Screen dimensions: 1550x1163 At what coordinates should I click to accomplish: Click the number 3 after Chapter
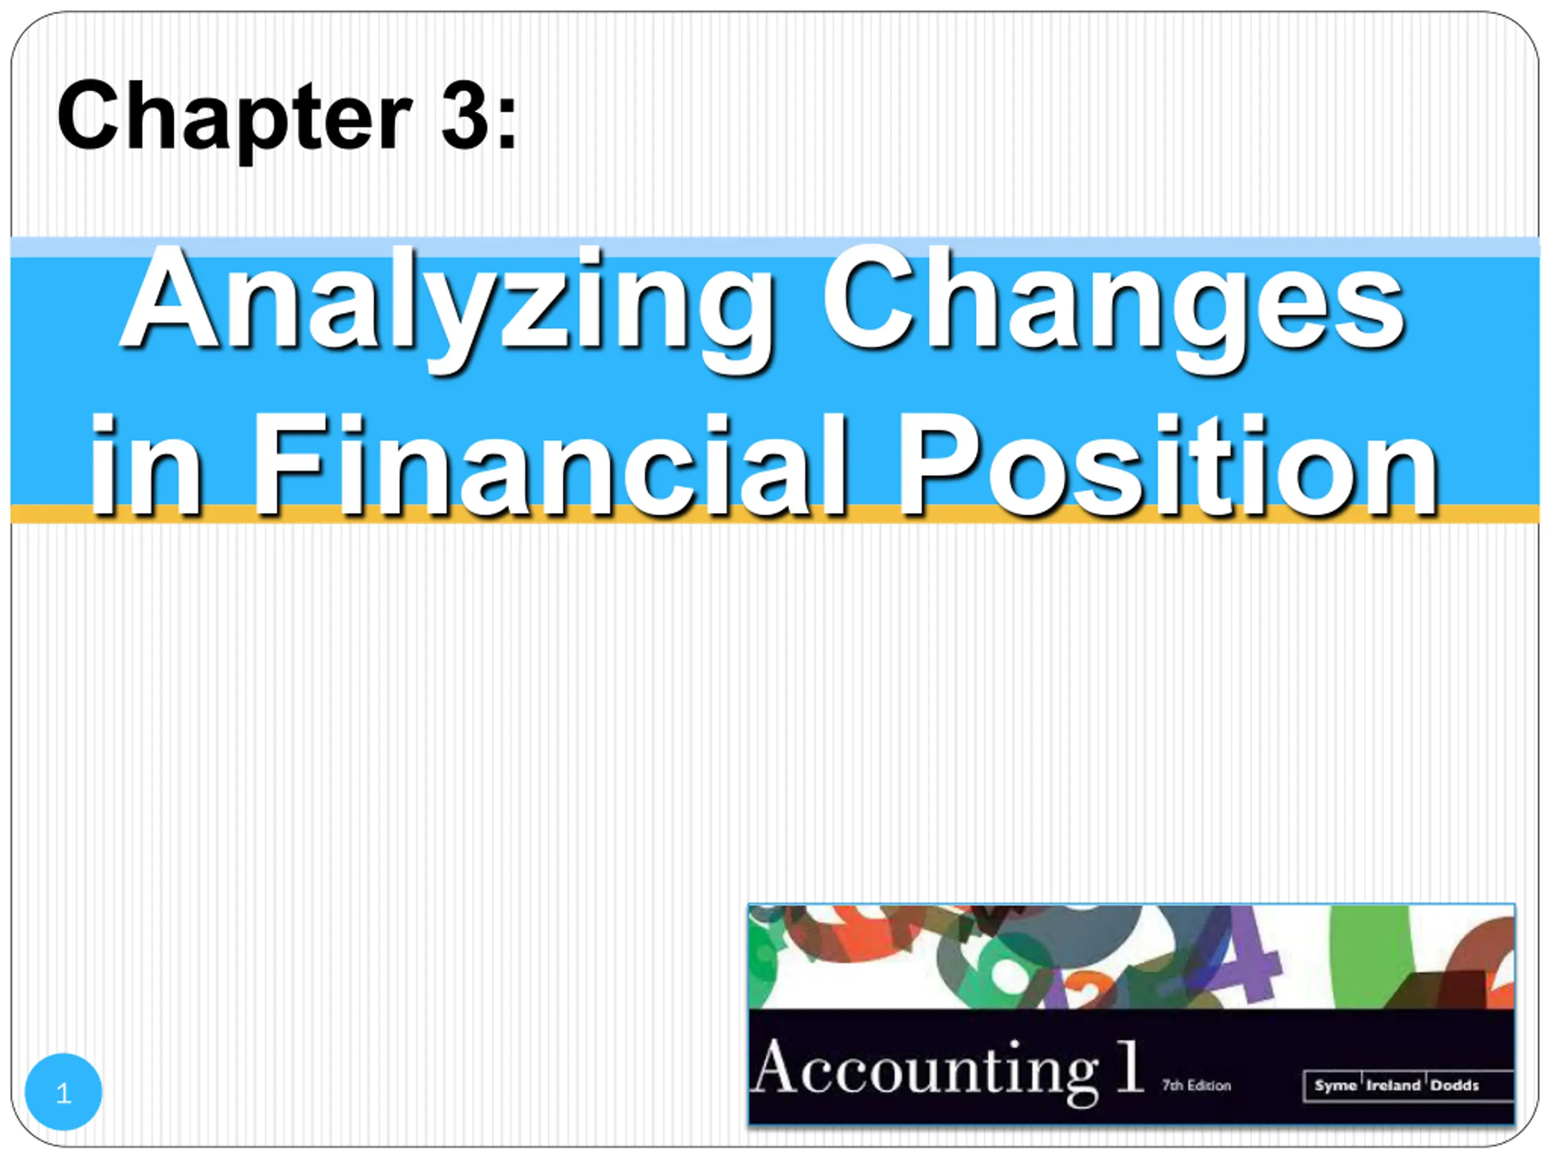click(x=464, y=114)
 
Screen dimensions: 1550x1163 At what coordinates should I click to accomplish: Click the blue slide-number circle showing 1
click(x=63, y=1092)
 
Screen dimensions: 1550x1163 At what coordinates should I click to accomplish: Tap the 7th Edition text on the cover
click(x=1196, y=1086)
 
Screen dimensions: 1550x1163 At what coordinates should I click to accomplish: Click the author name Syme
click(x=1336, y=1086)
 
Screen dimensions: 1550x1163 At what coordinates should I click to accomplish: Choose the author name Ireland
click(x=1394, y=1086)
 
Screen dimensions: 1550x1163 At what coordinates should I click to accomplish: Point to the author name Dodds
click(x=1455, y=1086)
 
